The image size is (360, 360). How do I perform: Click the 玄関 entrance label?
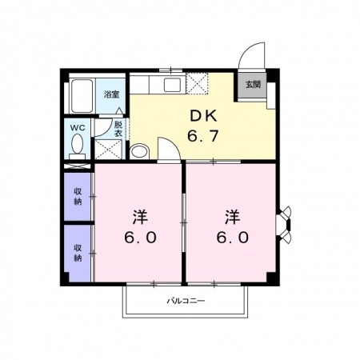point(253,85)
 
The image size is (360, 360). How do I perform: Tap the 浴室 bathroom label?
point(111,94)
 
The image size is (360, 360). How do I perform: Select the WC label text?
point(78,128)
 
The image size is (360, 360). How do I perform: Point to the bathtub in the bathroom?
point(82,96)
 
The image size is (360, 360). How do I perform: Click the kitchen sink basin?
point(172,85)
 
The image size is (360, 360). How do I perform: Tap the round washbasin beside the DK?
point(139,151)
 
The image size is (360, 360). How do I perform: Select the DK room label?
point(204,116)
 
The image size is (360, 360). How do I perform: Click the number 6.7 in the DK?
point(203,136)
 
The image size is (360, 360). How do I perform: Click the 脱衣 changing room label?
point(118,129)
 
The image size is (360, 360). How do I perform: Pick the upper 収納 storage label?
point(78,197)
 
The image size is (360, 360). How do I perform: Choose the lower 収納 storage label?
point(78,253)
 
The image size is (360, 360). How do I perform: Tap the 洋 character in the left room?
point(140,217)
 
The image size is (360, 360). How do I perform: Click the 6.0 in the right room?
point(233,238)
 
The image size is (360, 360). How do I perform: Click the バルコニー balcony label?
point(186,301)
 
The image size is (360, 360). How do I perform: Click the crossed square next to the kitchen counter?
point(197,83)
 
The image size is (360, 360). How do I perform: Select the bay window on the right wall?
point(284,225)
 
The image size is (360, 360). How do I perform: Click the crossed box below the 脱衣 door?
point(109,149)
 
